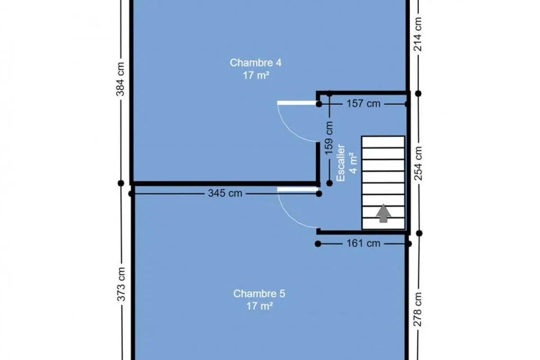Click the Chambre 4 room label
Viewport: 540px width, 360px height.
tap(256, 63)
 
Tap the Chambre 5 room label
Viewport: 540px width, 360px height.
tap(259, 294)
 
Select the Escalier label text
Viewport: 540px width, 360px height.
tap(341, 163)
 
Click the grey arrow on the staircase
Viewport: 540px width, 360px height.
tap(383, 213)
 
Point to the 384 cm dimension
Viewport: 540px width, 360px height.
tap(120, 79)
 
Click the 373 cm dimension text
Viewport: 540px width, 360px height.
tap(121, 284)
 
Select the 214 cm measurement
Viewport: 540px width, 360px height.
tap(418, 34)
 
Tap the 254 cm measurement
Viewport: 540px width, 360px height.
tap(418, 163)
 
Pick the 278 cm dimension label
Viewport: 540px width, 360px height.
tap(417, 309)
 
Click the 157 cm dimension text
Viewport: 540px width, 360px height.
tap(364, 103)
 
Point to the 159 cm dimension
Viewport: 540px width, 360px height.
tap(329, 138)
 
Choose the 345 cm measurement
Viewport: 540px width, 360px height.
tap(225, 193)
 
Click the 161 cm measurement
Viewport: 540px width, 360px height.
tap(364, 243)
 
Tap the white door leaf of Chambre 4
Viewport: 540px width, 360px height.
tap(297, 103)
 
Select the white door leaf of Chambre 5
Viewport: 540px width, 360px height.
tap(297, 189)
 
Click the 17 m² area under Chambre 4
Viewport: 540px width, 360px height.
tap(256, 76)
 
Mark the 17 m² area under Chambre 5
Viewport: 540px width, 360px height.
tap(259, 306)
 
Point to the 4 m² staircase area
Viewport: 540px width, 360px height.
tap(353, 163)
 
